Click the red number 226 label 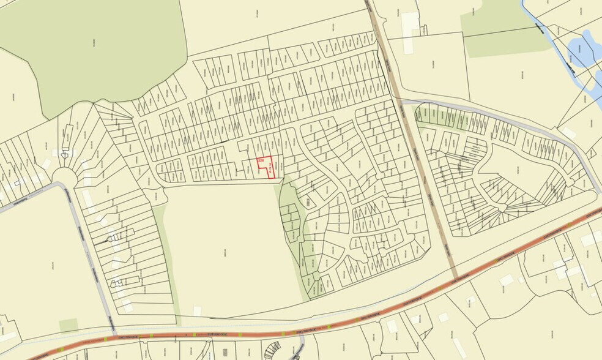tap(261, 160)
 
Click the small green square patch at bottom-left tap(69, 324)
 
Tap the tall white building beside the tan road tap(409, 24)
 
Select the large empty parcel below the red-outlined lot tap(226, 245)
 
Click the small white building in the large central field tap(197, 311)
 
